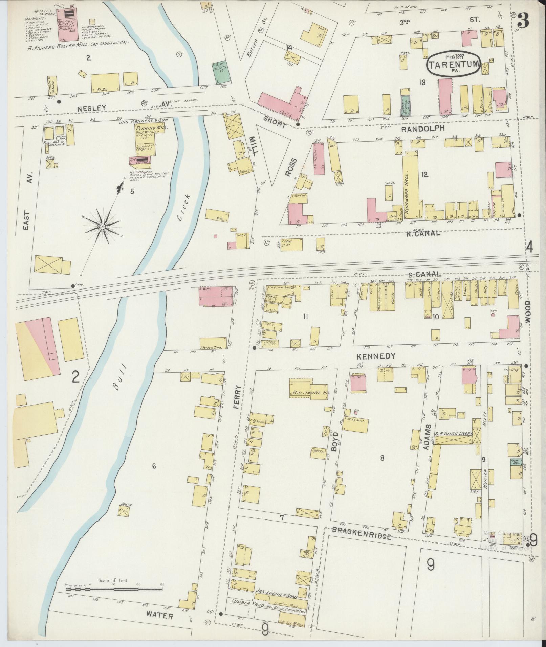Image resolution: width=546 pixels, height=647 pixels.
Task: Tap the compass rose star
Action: coord(102,226)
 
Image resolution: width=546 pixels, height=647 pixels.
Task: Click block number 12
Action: coord(424,175)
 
